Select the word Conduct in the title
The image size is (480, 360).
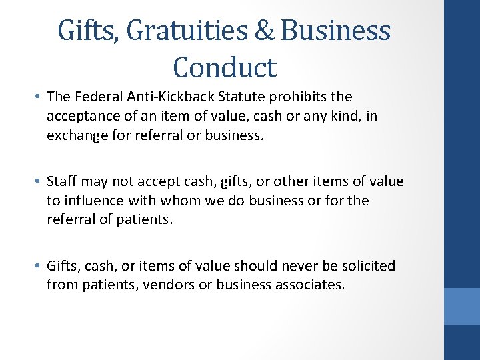point(224,67)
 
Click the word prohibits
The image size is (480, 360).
point(300,97)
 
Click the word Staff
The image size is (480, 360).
point(63,181)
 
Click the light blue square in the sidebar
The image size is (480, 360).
point(462,306)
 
